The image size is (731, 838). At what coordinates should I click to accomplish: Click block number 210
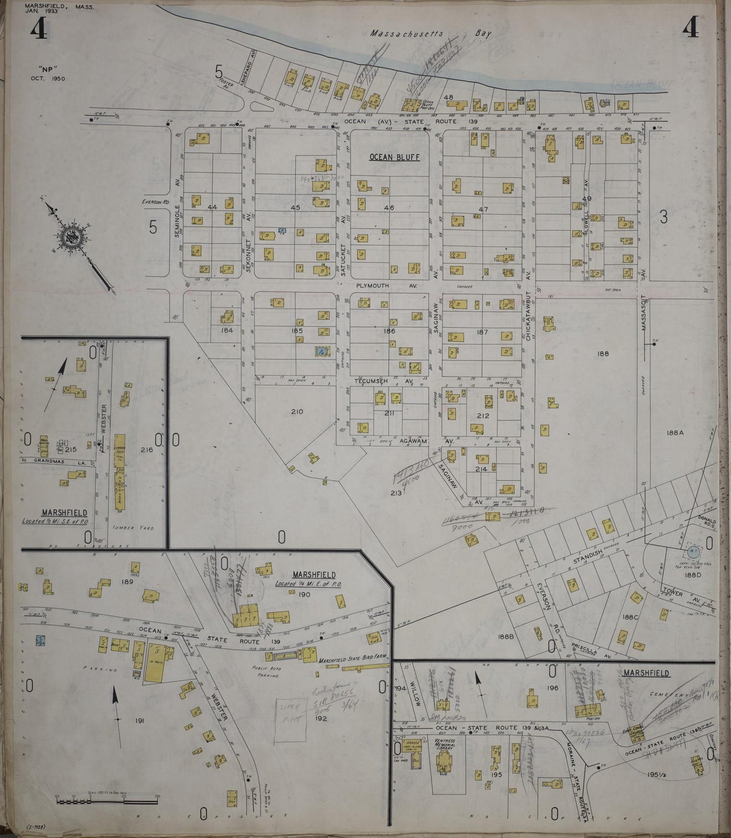297,411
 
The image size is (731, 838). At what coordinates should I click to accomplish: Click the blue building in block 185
320,351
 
